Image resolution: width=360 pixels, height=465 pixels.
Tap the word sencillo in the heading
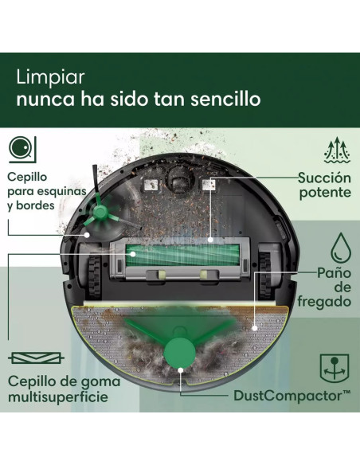pyautogui.click(x=225, y=100)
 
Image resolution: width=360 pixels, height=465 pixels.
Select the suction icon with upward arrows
pyautogui.click(x=336, y=150)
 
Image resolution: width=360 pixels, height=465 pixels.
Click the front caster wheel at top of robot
pyautogui.click(x=176, y=180)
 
